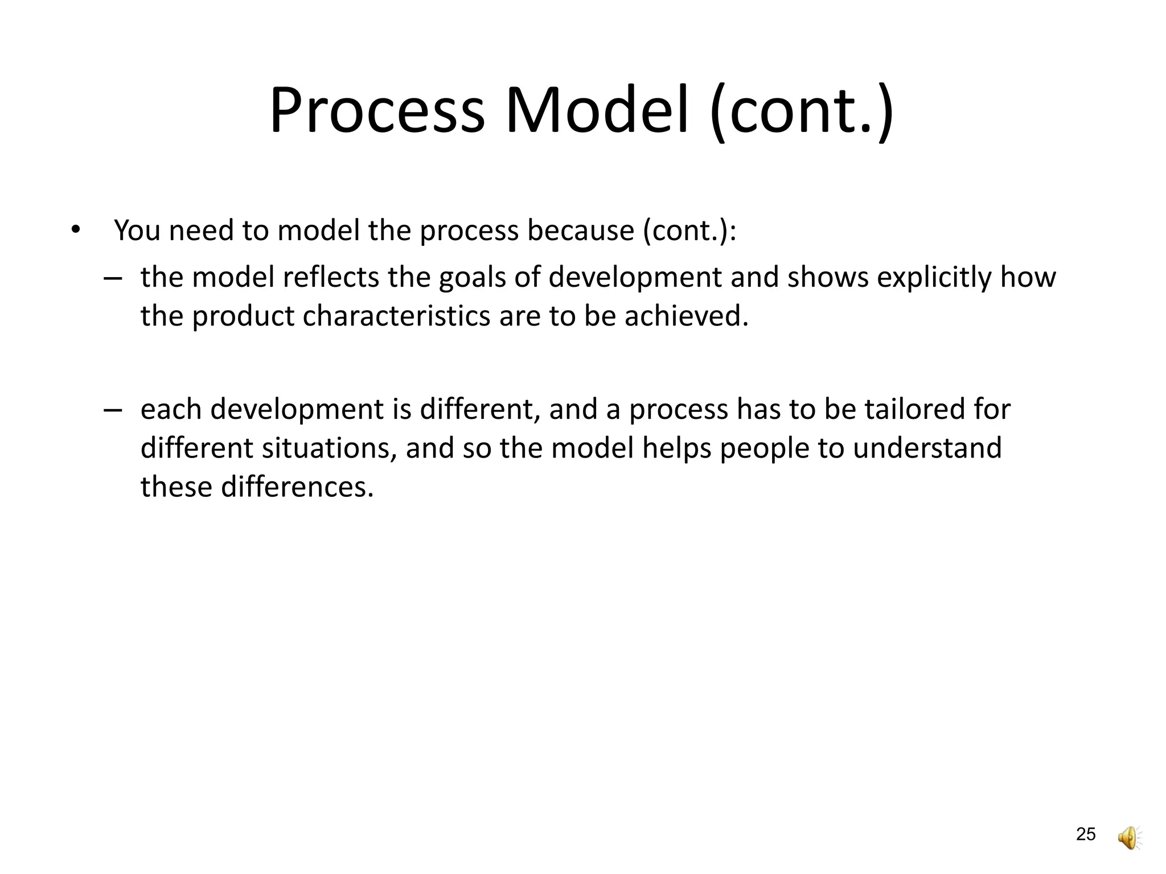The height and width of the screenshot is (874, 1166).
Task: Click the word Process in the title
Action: [376, 111]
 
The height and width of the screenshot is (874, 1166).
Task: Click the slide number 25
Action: [1086, 835]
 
